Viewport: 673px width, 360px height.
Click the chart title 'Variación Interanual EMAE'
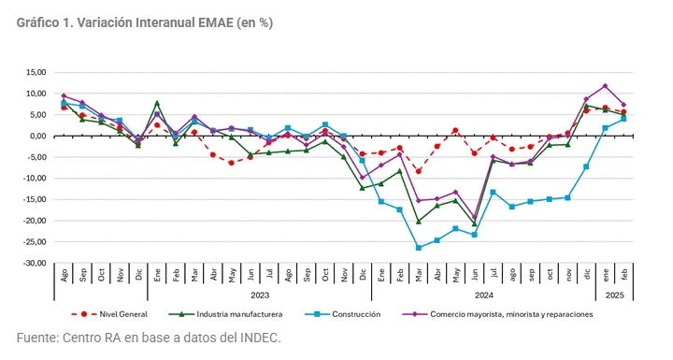click(144, 22)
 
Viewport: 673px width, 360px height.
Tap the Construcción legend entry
click(356, 314)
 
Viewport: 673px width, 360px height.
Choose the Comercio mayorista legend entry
click(510, 314)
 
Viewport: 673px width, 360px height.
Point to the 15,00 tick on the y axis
click(35, 72)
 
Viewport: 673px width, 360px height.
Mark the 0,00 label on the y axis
click(38, 136)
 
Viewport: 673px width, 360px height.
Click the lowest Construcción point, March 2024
click(418, 248)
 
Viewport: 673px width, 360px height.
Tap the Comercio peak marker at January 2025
click(605, 86)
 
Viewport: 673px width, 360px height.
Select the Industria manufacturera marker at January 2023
click(157, 102)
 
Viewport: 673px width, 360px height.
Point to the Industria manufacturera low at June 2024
click(474, 224)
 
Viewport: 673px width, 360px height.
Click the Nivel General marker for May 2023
click(232, 163)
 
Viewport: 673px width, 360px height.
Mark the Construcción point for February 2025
click(623, 119)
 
